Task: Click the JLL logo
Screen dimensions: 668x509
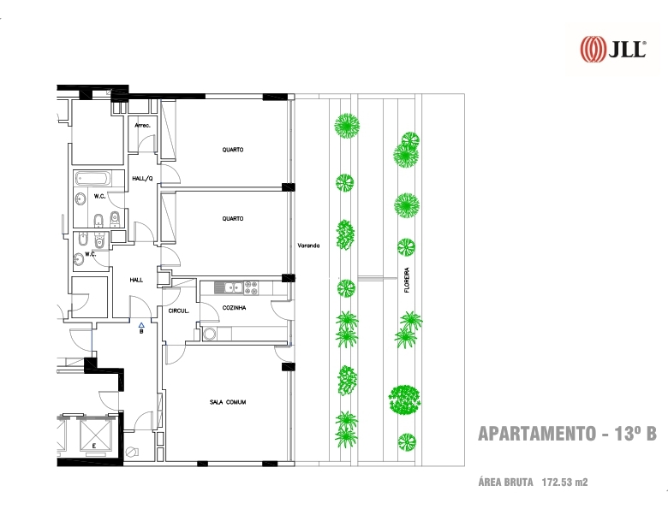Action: coord(613,49)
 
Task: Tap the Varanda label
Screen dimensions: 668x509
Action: coord(308,246)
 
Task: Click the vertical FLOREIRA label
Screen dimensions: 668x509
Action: coord(407,280)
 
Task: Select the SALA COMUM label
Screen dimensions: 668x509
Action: coord(228,402)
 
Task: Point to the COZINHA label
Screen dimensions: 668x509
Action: coord(234,308)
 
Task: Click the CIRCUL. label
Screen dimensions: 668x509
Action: coord(178,311)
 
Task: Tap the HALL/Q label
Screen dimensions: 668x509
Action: coord(142,179)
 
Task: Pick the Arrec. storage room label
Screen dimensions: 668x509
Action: coord(142,125)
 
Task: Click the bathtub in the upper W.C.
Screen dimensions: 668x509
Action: coord(92,179)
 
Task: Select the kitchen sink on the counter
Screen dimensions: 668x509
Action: coord(229,287)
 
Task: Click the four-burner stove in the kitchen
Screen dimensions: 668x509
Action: coord(250,287)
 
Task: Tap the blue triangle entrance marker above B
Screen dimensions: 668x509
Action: coord(141,325)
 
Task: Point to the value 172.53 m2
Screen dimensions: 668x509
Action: coord(564,482)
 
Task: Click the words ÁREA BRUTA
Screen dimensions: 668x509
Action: coord(505,482)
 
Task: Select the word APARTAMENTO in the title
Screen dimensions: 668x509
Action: coord(537,434)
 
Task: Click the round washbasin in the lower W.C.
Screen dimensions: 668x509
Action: coord(80,258)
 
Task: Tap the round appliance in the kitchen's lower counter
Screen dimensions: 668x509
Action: coord(209,334)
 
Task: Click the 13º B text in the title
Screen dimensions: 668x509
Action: coord(635,434)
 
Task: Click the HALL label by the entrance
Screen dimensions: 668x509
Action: coord(136,280)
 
